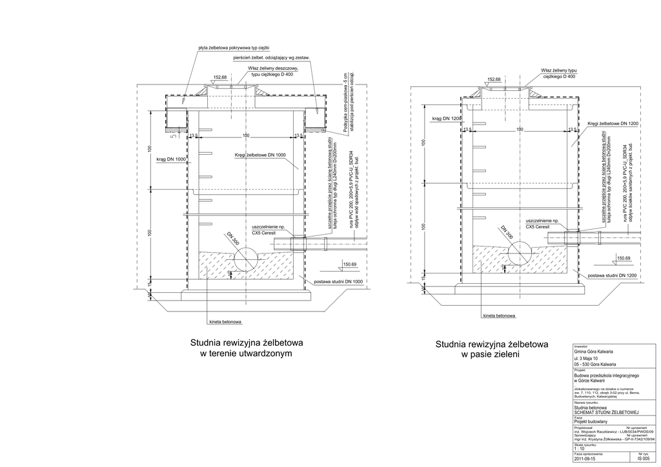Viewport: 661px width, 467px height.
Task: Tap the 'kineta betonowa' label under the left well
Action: (225, 321)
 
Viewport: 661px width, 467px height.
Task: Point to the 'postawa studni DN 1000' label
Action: (338, 282)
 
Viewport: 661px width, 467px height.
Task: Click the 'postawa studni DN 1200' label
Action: (613, 276)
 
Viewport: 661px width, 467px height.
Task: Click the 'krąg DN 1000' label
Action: (171, 159)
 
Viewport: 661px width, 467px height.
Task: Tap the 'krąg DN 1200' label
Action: (446, 119)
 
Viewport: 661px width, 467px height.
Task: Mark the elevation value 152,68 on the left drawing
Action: (220, 77)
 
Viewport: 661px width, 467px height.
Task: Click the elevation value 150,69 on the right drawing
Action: (624, 259)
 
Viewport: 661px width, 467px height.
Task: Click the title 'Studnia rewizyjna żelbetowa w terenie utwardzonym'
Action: (247, 348)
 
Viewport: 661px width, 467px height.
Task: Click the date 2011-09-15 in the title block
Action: (586, 461)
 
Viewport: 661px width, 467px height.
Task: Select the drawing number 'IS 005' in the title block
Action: (644, 461)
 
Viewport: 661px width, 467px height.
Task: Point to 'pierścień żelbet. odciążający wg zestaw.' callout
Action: (272, 58)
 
